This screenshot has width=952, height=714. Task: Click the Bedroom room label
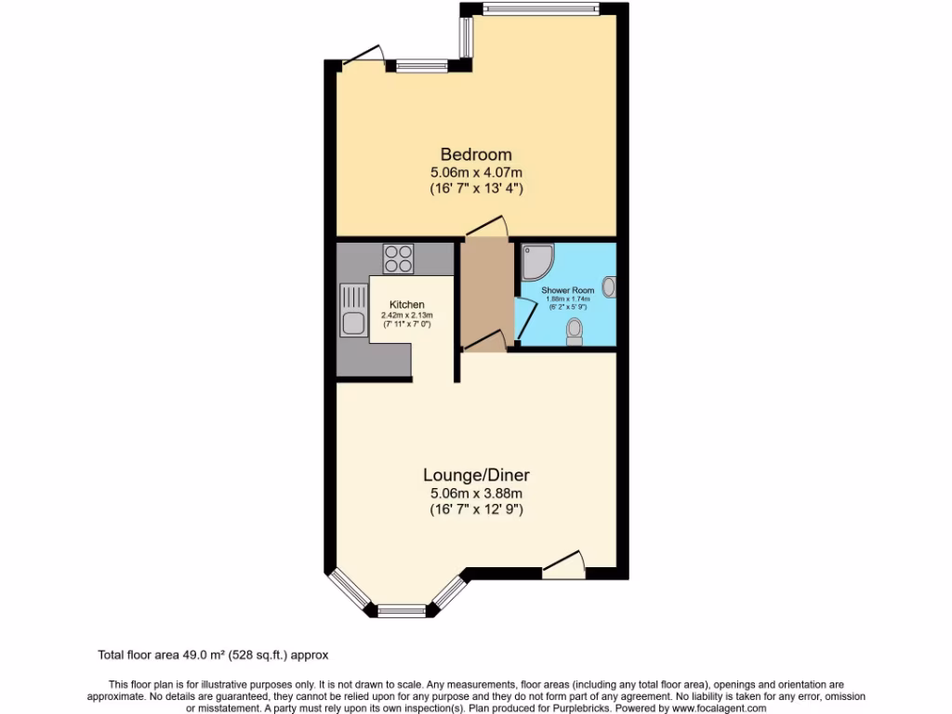coord(476,154)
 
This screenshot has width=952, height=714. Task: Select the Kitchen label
coord(407,305)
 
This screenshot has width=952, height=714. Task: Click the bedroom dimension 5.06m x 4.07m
coord(476,172)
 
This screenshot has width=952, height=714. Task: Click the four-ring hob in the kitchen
coord(398,258)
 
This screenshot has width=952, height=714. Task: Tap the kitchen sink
coord(351,324)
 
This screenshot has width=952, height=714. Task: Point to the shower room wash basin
coord(609,287)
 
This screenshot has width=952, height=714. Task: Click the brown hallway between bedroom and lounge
coord(484,295)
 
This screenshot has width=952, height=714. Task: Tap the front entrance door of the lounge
coord(564,563)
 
